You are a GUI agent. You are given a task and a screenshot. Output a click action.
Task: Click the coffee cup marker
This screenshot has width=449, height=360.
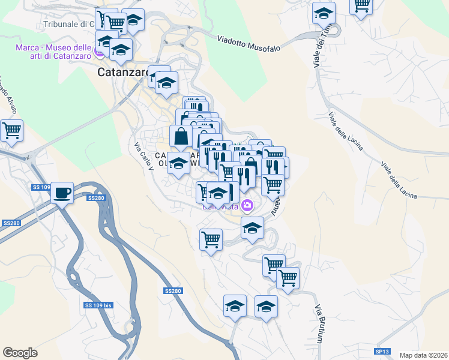pos(62,193)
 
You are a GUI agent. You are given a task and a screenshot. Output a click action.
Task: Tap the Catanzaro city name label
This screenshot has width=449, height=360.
pos(123,72)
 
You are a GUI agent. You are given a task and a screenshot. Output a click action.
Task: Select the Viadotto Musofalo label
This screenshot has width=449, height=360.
pos(249,44)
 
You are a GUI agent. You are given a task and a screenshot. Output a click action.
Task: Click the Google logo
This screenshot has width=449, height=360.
pos(20,353)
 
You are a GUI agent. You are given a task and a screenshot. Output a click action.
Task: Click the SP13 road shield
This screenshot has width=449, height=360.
pos(382,351)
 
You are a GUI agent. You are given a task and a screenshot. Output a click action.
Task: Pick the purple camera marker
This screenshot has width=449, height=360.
pos(248,206)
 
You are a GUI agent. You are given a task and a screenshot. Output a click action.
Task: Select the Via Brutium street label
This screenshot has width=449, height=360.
pos(319,323)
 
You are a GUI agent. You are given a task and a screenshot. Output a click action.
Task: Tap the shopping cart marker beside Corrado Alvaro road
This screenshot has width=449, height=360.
pos(11,130)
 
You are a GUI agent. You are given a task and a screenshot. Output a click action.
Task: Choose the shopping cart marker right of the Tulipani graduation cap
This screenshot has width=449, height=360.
pos(361,6)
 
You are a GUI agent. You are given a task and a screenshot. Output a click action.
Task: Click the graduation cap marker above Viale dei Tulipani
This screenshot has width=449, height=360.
pos(324,13)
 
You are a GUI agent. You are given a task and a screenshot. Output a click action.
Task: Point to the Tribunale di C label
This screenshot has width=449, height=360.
pos(70,25)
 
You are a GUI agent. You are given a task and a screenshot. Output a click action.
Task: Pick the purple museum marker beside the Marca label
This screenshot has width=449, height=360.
pos(100,52)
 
